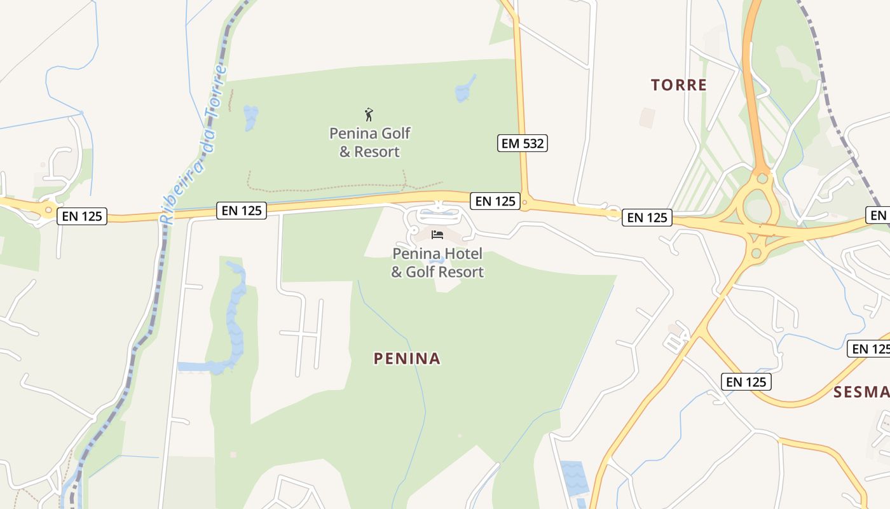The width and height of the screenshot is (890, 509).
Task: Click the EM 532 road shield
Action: (522, 143)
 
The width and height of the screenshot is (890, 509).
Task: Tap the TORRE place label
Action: (678, 85)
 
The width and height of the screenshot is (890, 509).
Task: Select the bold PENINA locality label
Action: (407, 358)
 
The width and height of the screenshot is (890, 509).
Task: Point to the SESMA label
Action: (862, 392)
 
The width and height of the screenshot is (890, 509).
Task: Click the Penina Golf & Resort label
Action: (369, 142)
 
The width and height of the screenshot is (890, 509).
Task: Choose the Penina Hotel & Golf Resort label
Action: (437, 263)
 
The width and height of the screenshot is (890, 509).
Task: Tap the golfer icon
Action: (369, 115)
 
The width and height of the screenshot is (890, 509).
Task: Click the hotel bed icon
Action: (437, 234)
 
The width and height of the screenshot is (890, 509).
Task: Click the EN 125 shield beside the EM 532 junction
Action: (495, 201)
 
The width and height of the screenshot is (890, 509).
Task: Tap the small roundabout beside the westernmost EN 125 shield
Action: (48, 209)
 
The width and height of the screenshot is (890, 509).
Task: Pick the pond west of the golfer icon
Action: (250, 117)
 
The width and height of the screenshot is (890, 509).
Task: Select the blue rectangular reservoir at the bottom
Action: (575, 477)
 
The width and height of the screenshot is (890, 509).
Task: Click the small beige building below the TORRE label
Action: (647, 118)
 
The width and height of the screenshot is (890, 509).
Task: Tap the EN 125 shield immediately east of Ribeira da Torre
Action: (242, 210)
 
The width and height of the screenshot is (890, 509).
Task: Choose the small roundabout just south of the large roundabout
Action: (756, 253)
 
